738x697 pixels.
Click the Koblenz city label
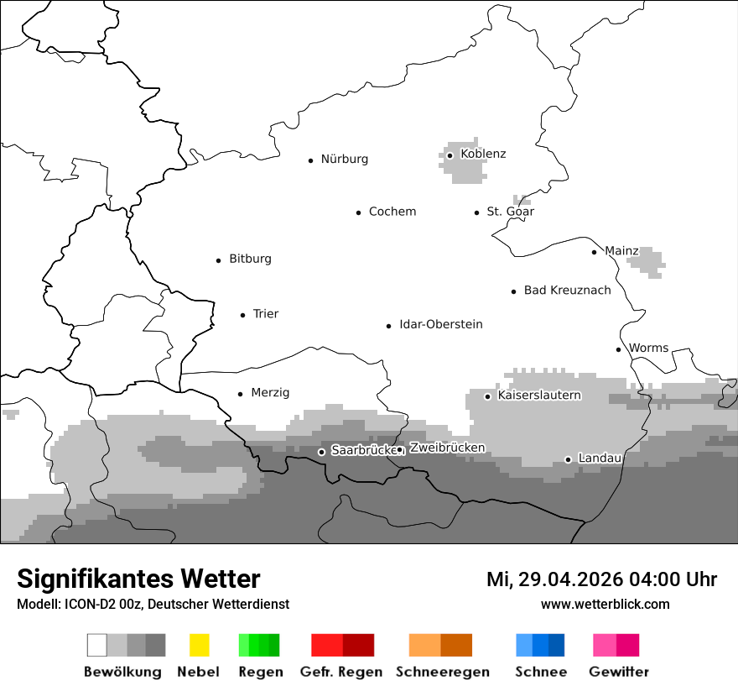click(x=483, y=154)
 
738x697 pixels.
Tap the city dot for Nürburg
click(x=310, y=160)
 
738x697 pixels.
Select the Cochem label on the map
click(x=392, y=212)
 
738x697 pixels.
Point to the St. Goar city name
click(x=510, y=212)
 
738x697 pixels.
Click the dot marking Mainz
click(x=594, y=252)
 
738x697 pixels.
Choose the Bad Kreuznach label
click(x=567, y=291)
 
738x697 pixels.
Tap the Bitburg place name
click(x=250, y=259)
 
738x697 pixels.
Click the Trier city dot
click(x=242, y=315)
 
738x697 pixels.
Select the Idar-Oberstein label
click(x=440, y=324)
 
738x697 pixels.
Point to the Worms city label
click(x=648, y=348)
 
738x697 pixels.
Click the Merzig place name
click(x=270, y=393)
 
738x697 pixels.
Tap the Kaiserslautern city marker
click(x=487, y=396)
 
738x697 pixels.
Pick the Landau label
click(x=600, y=459)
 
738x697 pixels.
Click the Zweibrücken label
click(x=447, y=448)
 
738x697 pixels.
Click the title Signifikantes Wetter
click(x=138, y=579)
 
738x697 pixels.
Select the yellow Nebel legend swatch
click(x=199, y=645)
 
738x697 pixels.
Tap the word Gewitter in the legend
click(x=618, y=672)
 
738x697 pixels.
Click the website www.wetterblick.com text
click(x=605, y=604)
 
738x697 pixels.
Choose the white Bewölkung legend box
click(x=97, y=645)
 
